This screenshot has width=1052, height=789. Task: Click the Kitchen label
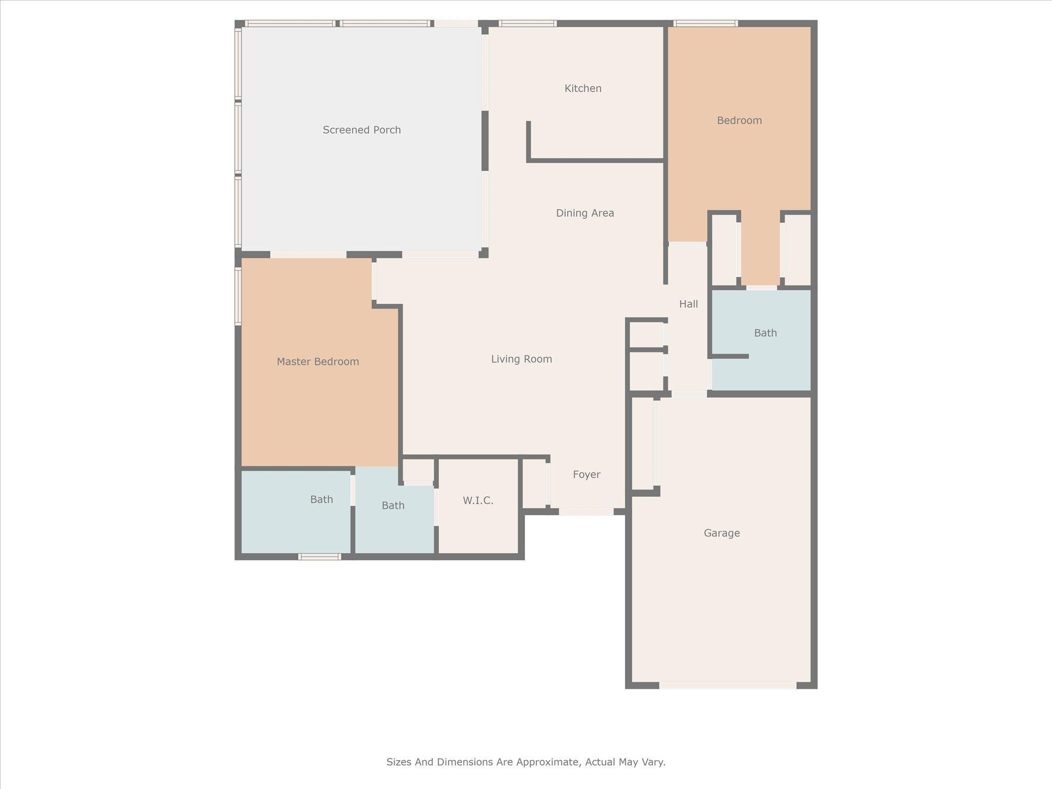click(583, 88)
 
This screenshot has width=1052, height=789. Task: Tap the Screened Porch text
click(362, 130)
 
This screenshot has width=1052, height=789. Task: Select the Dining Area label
click(585, 213)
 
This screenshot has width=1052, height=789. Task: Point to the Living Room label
click(521, 359)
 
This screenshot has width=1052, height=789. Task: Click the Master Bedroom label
click(318, 362)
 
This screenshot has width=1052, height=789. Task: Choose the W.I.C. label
click(478, 500)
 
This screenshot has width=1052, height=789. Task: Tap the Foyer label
click(587, 475)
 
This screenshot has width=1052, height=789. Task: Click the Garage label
click(722, 533)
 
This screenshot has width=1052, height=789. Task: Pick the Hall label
click(688, 304)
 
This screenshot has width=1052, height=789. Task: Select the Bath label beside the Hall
click(765, 333)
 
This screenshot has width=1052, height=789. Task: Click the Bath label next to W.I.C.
click(393, 505)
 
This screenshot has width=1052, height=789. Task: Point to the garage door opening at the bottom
click(727, 685)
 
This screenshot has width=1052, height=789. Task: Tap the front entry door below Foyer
click(586, 512)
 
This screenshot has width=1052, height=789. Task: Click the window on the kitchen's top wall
click(528, 23)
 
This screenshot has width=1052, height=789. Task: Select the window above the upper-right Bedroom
click(706, 23)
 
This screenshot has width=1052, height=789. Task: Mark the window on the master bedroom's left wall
click(238, 296)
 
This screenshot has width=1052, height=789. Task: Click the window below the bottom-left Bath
click(320, 557)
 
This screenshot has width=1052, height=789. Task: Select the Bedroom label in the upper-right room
click(739, 121)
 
